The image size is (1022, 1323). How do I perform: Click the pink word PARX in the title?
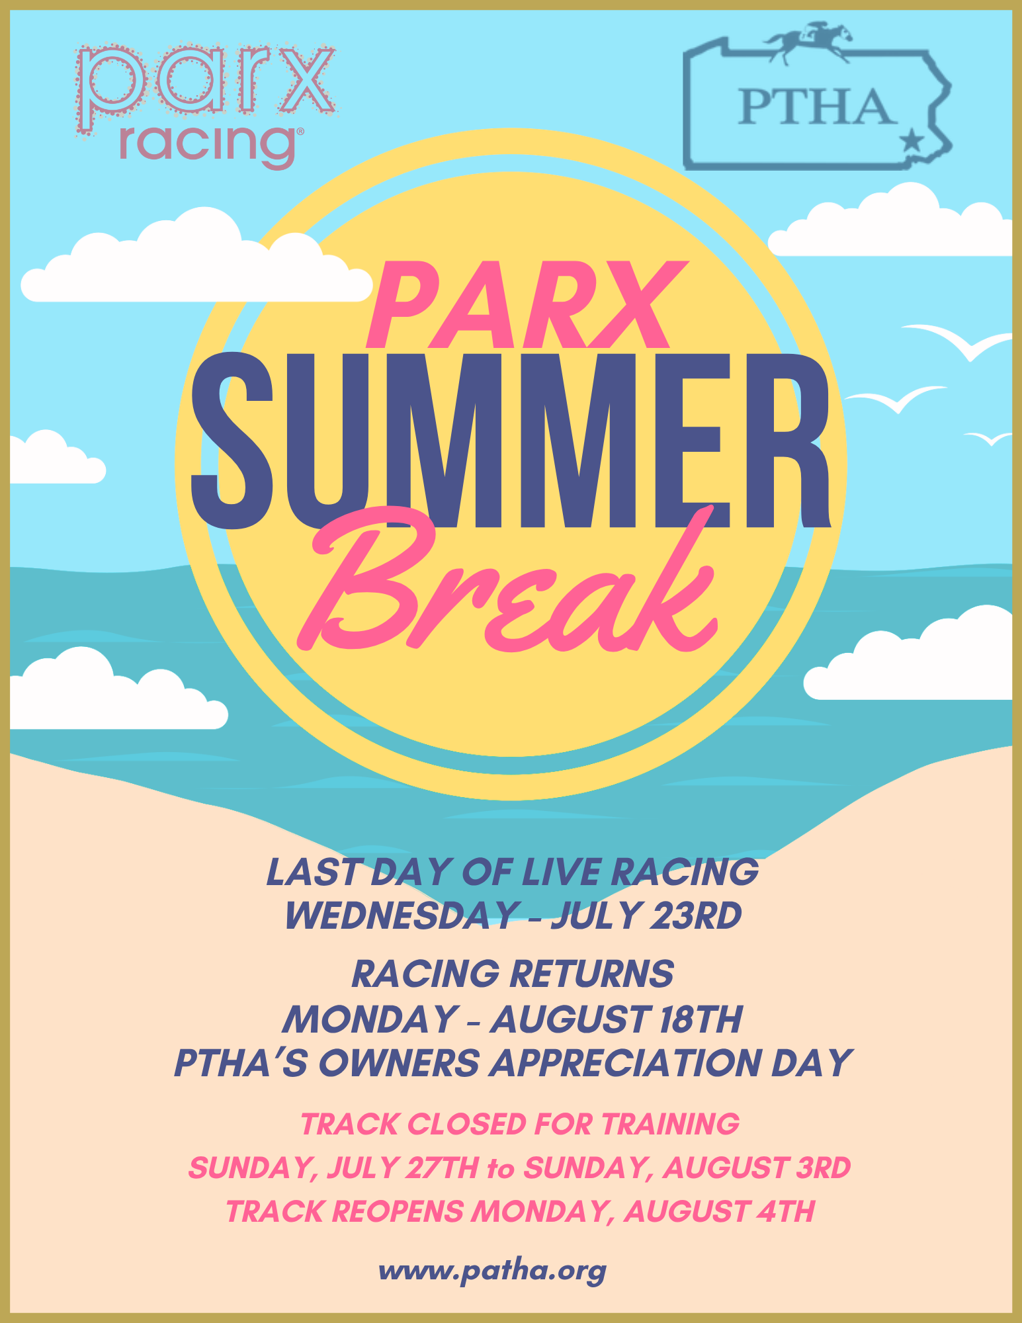coord(527,305)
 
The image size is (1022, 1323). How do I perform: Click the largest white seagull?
coord(957,341)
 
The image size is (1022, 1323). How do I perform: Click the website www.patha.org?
coord(492,1271)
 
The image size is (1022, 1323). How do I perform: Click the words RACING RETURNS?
coord(513,974)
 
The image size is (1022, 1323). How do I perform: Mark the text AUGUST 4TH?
coord(719,1212)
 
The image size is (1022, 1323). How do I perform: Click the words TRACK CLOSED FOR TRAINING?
coord(520,1125)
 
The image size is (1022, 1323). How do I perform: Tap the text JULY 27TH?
coord(403,1168)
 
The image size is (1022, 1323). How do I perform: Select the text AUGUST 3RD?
coord(757,1168)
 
